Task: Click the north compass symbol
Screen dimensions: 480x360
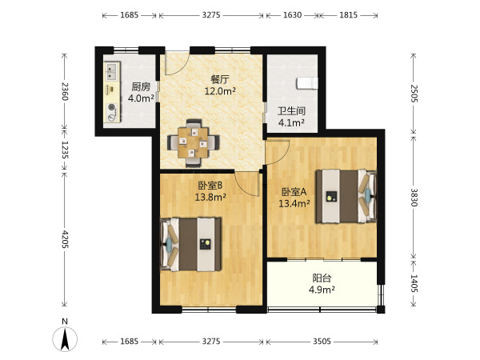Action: (65, 336)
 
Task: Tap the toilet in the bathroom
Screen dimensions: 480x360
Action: (307, 83)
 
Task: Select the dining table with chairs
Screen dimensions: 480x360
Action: (193, 143)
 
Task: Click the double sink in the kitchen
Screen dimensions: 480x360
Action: (111, 71)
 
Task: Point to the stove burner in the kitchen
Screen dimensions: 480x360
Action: (112, 107)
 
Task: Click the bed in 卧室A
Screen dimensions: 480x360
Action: (346, 196)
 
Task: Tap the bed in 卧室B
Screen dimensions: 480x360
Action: (190, 244)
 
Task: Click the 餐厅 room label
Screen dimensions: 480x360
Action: (220, 79)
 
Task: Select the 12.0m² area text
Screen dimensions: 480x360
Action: (220, 91)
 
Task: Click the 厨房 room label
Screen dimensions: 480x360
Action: (141, 87)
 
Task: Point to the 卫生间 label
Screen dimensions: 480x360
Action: (291, 111)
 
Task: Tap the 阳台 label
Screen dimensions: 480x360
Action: (322, 278)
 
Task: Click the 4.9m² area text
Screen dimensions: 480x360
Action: (322, 290)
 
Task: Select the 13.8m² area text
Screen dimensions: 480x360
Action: (210, 197)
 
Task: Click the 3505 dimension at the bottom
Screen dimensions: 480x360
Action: (322, 341)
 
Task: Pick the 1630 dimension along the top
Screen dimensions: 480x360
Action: (292, 14)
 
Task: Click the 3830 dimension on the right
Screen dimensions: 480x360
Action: (414, 198)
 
